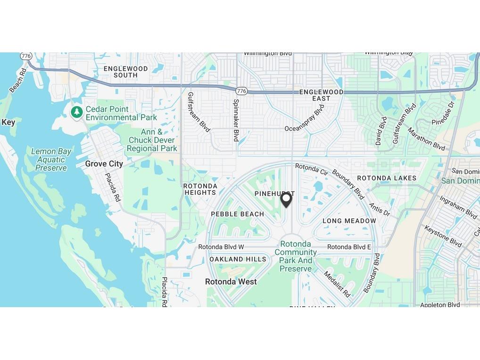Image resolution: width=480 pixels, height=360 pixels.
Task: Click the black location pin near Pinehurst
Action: click(x=286, y=200)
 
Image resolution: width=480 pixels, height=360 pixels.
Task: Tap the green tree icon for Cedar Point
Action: click(x=77, y=112)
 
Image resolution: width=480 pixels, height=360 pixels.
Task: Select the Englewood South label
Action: click(x=125, y=72)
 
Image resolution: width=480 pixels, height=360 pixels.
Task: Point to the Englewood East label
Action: click(x=321, y=95)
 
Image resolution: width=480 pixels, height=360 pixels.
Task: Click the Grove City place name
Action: click(x=104, y=164)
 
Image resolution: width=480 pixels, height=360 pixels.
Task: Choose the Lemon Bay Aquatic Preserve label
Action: click(x=51, y=159)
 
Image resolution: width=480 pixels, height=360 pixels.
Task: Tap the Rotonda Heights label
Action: click(x=200, y=189)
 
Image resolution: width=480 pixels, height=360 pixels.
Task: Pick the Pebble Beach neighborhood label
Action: click(x=238, y=214)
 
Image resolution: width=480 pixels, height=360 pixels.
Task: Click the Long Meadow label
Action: click(x=349, y=221)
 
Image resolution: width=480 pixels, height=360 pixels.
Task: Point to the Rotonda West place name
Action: click(x=231, y=282)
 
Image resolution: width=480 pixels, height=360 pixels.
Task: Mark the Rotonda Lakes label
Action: click(x=387, y=178)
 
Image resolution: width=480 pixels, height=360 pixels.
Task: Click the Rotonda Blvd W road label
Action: click(x=221, y=247)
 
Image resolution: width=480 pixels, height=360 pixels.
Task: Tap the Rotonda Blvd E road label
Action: click(x=349, y=247)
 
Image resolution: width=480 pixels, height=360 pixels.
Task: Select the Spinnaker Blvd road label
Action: click(x=236, y=120)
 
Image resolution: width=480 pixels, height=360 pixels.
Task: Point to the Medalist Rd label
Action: click(x=338, y=284)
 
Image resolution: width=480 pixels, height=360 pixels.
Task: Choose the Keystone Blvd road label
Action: click(x=443, y=236)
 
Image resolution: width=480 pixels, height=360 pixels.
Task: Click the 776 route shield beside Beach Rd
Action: click(x=26, y=56)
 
